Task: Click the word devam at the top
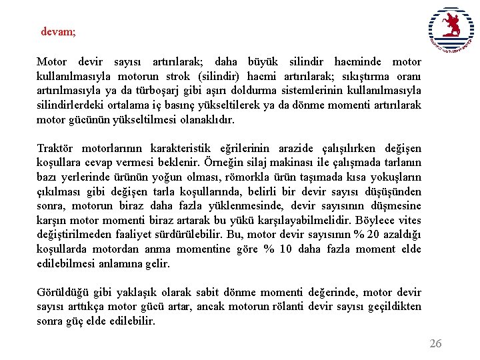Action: pos(57,31)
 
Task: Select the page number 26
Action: pos(435,343)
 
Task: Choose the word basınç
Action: pos(219,105)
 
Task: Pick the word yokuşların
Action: pos(397,177)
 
